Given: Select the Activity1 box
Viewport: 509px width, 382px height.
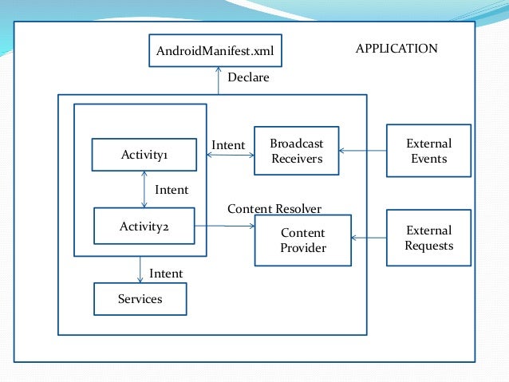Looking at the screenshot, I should click(144, 155).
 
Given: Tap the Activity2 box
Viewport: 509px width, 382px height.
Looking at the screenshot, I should click(144, 226).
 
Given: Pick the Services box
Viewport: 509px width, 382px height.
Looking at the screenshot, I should click(140, 299).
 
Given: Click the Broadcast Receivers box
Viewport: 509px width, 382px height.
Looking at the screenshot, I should click(296, 151).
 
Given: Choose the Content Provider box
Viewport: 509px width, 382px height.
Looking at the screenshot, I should click(302, 240).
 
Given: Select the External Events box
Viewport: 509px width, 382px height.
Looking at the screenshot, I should click(428, 151).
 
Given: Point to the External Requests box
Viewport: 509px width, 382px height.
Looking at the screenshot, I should click(428, 238).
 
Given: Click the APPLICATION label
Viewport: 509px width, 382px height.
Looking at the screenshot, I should click(396, 49).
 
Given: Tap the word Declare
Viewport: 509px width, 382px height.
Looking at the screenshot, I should click(248, 77).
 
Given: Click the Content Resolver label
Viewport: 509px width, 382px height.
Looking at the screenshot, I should click(274, 209).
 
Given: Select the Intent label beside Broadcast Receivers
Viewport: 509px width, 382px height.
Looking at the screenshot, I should click(228, 145).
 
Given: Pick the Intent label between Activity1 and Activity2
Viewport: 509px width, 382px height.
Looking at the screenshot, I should click(172, 190).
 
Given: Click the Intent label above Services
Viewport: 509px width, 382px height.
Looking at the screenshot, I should click(166, 274).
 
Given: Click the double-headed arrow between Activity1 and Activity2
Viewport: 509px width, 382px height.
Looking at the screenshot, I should click(144, 190).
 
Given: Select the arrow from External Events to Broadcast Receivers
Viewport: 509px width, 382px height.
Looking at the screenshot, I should click(362, 151).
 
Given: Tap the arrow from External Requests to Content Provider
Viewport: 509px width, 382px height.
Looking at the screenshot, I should click(368, 238).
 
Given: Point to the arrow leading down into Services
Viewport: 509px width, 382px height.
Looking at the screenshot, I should click(140, 270).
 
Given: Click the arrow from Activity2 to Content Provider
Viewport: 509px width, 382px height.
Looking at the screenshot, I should click(224, 226).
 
